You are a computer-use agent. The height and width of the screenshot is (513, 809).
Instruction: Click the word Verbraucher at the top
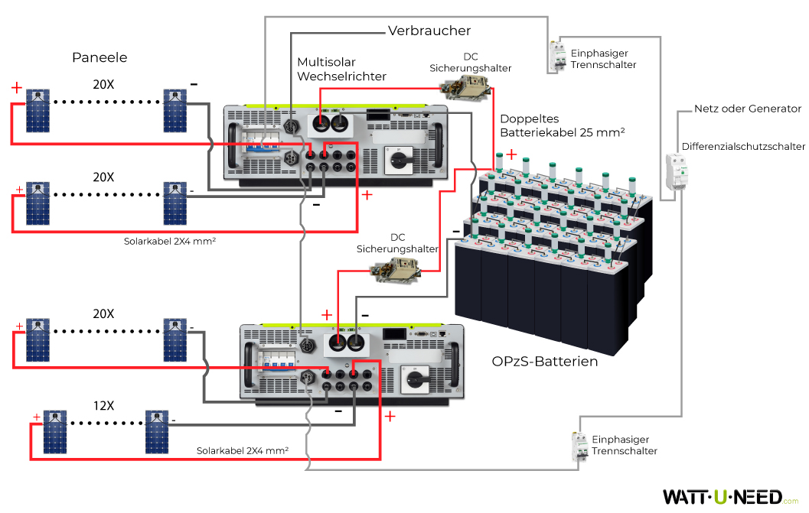429,31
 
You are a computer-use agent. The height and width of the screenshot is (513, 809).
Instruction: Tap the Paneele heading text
99,57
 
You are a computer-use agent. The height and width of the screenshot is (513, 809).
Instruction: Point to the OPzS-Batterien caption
544,361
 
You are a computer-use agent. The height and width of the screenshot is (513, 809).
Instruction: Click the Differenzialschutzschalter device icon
676,173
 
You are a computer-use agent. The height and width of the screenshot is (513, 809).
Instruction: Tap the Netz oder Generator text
747,109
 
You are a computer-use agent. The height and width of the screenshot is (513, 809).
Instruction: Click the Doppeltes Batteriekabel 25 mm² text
563,126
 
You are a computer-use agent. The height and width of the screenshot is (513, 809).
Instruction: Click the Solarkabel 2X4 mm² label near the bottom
242,451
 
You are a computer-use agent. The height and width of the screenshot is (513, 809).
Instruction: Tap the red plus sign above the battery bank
511,155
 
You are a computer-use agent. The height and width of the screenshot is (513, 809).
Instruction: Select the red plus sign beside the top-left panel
17,88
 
